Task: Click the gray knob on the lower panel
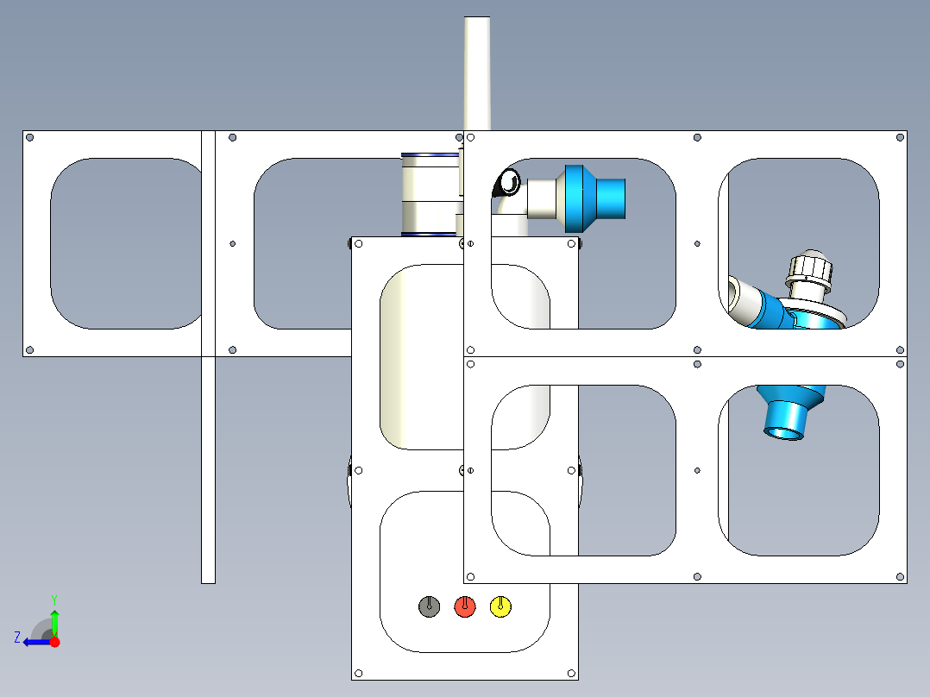(429, 606)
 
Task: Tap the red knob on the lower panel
(465, 606)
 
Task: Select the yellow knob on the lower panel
(500, 606)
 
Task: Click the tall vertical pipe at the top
(477, 73)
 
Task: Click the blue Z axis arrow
(37, 642)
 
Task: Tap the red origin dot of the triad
(54, 642)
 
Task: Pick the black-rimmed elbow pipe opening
(508, 182)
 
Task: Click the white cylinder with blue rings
(430, 195)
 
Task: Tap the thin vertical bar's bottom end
(208, 583)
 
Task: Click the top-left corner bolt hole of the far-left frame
(29, 138)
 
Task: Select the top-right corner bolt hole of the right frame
(900, 138)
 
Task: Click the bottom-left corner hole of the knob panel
(358, 673)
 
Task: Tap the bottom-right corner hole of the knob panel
(571, 673)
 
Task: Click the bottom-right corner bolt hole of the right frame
(900, 576)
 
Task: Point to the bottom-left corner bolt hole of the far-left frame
(29, 350)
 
